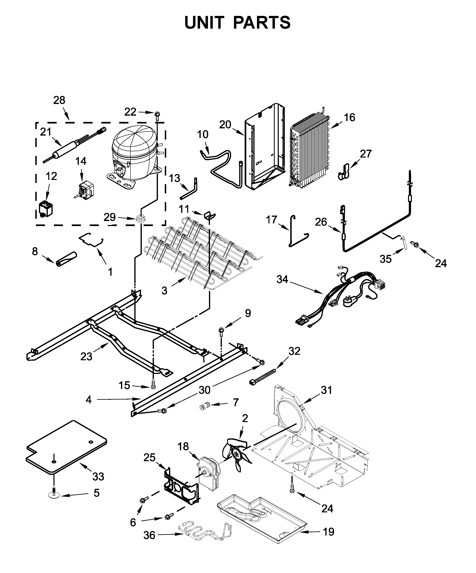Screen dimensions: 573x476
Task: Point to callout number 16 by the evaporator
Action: (349, 118)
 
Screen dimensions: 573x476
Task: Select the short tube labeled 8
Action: (66, 258)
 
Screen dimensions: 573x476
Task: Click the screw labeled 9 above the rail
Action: (220, 332)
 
